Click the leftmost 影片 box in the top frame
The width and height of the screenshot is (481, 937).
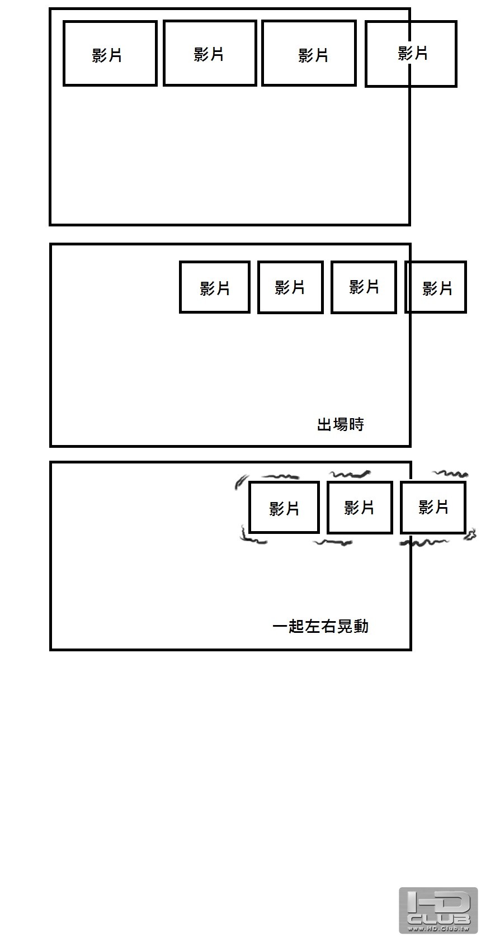pyautogui.click(x=110, y=54)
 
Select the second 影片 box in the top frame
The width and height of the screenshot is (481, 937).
pyautogui.click(x=210, y=54)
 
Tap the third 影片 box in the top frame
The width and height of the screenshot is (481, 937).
pyautogui.click(x=309, y=54)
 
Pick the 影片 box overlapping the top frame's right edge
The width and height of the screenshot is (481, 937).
pyautogui.click(x=411, y=54)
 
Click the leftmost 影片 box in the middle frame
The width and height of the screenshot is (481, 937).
pyautogui.click(x=215, y=287)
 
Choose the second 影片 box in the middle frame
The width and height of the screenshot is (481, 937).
pyautogui.click(x=290, y=287)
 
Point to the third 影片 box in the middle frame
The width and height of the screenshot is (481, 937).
pyautogui.click(x=364, y=287)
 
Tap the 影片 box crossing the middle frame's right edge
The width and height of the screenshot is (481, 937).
pyautogui.click(x=436, y=287)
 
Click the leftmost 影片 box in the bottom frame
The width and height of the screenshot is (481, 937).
pyautogui.click(x=284, y=508)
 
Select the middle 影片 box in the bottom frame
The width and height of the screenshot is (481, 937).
pyautogui.click(x=359, y=508)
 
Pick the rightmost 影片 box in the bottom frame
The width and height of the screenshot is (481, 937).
pyautogui.click(x=433, y=508)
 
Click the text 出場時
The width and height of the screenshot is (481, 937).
pyautogui.click(x=340, y=424)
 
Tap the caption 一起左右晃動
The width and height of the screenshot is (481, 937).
pyautogui.click(x=320, y=626)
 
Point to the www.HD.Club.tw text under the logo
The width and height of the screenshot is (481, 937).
pyautogui.click(x=438, y=928)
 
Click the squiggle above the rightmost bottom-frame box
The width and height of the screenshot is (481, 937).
pyautogui.click(x=451, y=474)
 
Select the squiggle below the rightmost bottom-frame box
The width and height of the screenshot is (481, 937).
pyautogui.click(x=425, y=542)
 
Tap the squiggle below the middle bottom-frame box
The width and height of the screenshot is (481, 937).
pyautogui.click(x=333, y=542)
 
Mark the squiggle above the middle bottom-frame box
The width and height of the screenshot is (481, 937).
pyautogui.click(x=351, y=475)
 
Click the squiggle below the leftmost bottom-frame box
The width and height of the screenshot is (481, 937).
pyautogui.click(x=253, y=540)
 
